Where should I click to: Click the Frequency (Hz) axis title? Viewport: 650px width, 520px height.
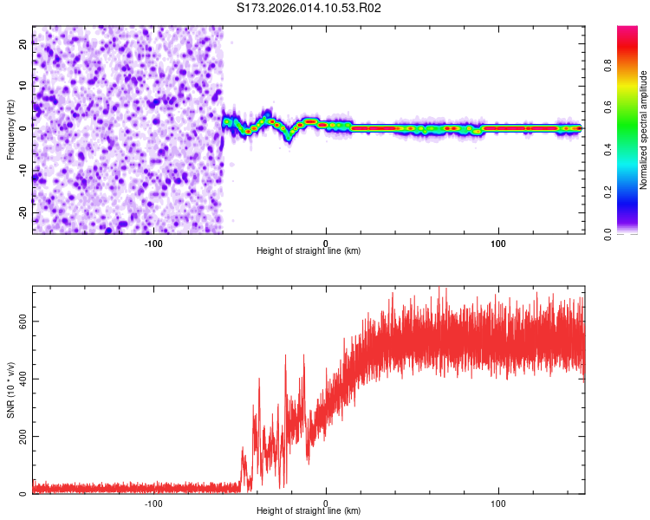[x=10, y=129]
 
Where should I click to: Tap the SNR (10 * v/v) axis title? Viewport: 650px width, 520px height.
[x=10, y=390]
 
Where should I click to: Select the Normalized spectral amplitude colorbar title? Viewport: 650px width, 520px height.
[x=644, y=129]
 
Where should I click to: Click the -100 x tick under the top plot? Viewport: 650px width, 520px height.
[x=153, y=244]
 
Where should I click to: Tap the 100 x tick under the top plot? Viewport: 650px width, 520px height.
[x=498, y=244]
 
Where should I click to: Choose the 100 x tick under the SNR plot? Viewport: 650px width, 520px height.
[x=498, y=504]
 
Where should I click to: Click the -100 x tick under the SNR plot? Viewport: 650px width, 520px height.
[x=153, y=504]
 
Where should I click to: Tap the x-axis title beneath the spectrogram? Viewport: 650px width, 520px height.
[x=309, y=252]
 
